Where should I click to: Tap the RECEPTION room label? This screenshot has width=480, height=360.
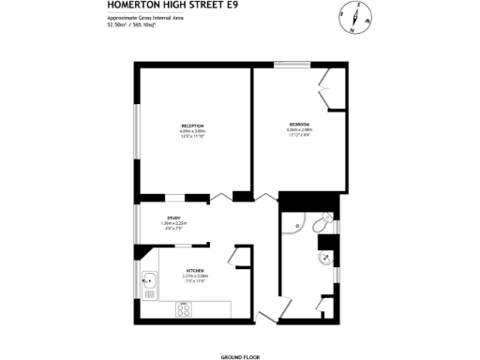(x=193, y=126)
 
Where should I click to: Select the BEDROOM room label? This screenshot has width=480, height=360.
(x=300, y=126)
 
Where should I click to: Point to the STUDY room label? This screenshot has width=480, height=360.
(x=174, y=217)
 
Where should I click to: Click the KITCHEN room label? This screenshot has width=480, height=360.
(x=195, y=270)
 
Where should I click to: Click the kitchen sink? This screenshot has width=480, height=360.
(x=147, y=278)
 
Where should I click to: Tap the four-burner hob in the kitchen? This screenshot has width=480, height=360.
(x=186, y=307)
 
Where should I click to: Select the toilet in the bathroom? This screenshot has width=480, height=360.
(x=321, y=225)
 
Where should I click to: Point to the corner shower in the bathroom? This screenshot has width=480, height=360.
(x=292, y=225)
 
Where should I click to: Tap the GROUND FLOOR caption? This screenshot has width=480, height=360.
(x=239, y=357)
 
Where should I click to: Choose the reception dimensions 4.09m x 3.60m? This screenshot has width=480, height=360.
(x=193, y=131)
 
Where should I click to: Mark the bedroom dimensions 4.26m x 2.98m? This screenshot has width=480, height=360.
(x=300, y=131)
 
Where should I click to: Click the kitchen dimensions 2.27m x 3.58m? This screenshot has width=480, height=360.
(x=195, y=276)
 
